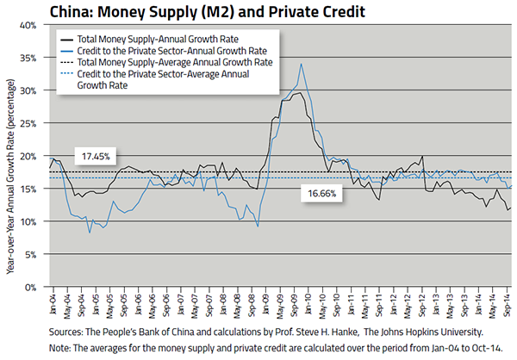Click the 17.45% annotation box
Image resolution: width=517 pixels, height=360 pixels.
tap(96, 156)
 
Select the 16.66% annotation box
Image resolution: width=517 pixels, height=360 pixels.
tap(324, 195)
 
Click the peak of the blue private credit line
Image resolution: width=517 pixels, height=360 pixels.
tap(301, 64)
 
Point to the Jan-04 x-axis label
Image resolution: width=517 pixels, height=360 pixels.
tap(53, 304)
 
